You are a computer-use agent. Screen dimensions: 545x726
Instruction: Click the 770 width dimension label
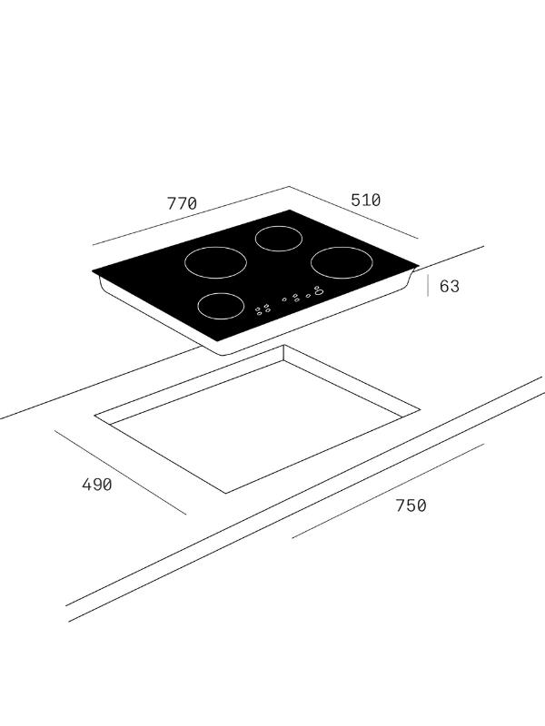[x=182, y=203]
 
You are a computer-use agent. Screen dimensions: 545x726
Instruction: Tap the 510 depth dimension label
[x=366, y=200]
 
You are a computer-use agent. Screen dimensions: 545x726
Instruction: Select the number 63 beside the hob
[x=449, y=286]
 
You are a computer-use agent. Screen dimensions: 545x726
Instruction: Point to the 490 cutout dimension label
[x=97, y=485]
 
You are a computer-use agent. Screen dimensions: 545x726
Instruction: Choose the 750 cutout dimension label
[x=411, y=505]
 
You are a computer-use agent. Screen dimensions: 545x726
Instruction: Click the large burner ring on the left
[x=215, y=247]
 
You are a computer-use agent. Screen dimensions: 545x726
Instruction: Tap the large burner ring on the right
[x=342, y=247]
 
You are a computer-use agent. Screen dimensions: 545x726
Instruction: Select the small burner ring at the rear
[x=279, y=226]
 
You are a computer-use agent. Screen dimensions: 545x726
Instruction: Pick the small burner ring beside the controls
[x=221, y=293]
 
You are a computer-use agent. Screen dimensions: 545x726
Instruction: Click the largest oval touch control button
[x=319, y=292]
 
